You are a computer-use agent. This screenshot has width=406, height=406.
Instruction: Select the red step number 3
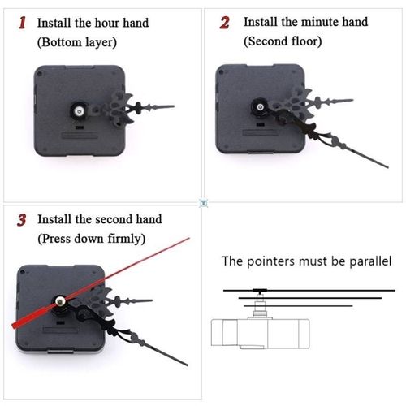23,219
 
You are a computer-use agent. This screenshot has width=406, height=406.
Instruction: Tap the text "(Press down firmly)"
91,239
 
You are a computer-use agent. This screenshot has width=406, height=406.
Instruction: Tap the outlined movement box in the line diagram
260,332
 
